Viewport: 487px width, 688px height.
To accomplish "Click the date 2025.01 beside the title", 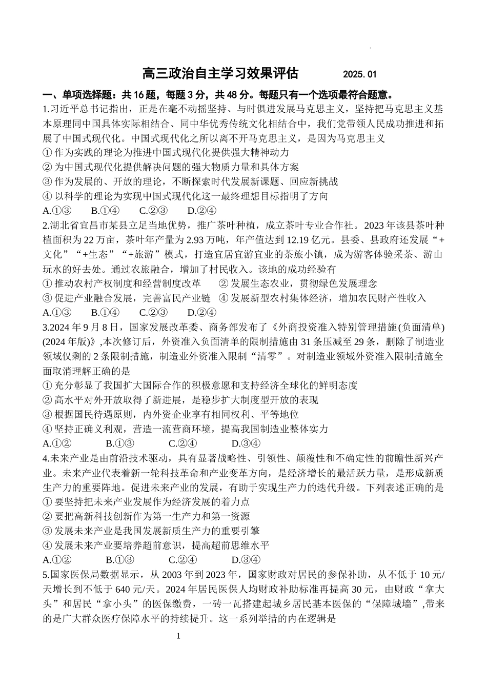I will [x=360, y=75].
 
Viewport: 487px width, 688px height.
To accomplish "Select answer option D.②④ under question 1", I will [x=201, y=210].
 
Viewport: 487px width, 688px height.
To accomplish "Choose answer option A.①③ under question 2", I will [x=57, y=312].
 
